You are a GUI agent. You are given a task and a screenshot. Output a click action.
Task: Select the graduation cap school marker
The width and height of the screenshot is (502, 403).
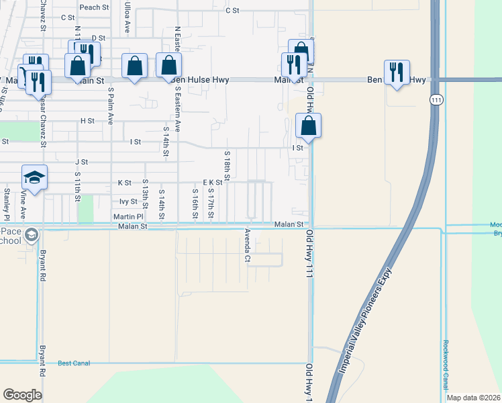[34, 178]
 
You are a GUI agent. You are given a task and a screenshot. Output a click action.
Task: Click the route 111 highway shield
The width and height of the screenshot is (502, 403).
[437, 99]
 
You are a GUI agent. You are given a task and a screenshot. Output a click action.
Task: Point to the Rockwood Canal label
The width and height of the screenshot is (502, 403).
[445, 365]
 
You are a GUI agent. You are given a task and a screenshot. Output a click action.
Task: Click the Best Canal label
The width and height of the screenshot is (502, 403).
[74, 363]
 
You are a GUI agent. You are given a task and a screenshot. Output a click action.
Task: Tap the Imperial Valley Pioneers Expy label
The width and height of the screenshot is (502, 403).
[365, 320]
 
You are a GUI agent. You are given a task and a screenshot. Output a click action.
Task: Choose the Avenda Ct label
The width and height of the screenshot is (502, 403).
[248, 247]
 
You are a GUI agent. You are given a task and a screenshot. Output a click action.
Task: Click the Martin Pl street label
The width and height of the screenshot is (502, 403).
[128, 217]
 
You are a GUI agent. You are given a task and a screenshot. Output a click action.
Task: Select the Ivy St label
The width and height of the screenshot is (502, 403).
[128, 201]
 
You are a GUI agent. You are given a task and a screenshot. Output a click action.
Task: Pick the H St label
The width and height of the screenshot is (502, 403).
[87, 121]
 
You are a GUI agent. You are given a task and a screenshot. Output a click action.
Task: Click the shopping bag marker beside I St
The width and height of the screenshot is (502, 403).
[308, 126]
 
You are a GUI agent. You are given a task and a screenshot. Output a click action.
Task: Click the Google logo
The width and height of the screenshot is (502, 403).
[22, 395]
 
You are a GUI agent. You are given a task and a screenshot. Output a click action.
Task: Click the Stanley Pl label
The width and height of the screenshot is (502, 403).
[6, 204]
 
